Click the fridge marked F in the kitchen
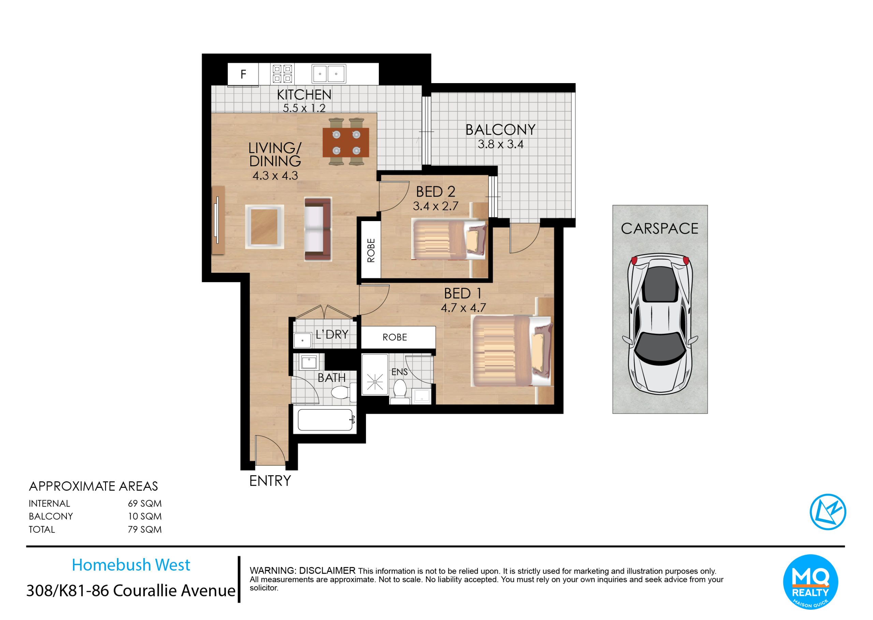coord(243,74)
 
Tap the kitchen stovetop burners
coord(282,74)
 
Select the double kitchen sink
coord(329,74)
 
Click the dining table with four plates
coord(346,142)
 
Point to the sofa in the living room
coord(318,229)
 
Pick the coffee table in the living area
coord(265,227)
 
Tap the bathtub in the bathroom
coord(325,420)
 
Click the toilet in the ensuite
coord(400,390)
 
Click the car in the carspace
coord(660,324)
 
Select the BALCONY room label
coord(500,130)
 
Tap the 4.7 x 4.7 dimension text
coord(463,308)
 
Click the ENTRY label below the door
coord(270,481)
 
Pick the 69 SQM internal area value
coord(145,503)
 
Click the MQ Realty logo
coord(810,582)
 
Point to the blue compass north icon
coord(828,512)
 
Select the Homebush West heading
coord(131,565)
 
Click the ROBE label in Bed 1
coord(395,337)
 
